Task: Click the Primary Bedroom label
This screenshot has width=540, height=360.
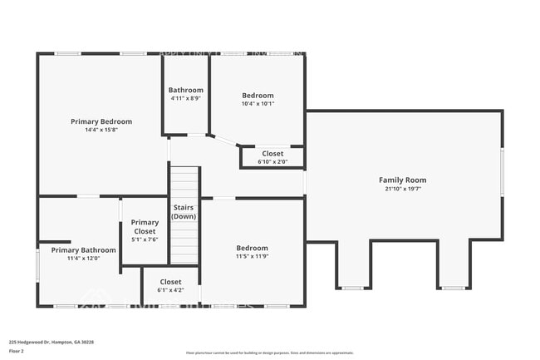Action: click(101, 121)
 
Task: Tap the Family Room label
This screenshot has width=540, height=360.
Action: click(402, 180)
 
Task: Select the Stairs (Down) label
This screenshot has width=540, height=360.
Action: click(184, 211)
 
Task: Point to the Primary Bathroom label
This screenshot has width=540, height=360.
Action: click(83, 249)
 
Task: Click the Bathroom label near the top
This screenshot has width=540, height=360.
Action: click(185, 90)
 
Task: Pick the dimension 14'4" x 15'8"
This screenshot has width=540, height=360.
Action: click(101, 130)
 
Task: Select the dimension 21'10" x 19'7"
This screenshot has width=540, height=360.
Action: click(402, 189)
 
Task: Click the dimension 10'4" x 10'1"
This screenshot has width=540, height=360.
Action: click(258, 104)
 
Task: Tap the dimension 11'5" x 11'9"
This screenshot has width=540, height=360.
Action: click(252, 256)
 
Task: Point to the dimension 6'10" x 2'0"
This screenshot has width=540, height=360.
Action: click(272, 161)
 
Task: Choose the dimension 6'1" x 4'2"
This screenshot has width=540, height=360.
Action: click(170, 290)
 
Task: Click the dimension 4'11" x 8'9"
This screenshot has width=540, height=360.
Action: click(185, 98)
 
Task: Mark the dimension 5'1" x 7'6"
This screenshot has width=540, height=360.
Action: click(145, 239)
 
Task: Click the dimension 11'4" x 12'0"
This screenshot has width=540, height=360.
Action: click(83, 258)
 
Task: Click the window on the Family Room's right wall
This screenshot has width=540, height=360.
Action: click(502, 171)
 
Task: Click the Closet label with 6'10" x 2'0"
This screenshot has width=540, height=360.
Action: click(272, 153)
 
